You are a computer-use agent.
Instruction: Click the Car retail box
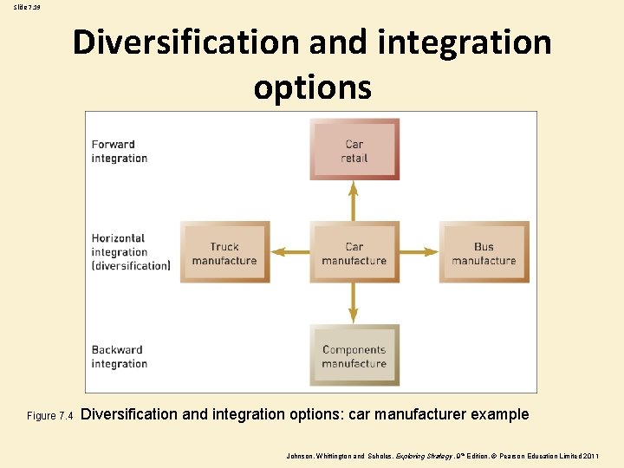354,151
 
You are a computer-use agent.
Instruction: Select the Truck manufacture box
224,253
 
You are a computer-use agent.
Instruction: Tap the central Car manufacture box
354,253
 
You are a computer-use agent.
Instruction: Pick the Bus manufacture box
484,253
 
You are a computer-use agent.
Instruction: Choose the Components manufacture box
354,355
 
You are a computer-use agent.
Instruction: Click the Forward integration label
120,152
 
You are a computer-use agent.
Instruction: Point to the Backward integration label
120,357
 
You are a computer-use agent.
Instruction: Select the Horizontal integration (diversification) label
131,251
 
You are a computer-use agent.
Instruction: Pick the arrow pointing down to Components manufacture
353,303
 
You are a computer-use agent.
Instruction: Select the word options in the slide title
312,87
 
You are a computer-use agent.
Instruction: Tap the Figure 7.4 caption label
51,416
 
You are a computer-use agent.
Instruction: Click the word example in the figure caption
499,414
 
